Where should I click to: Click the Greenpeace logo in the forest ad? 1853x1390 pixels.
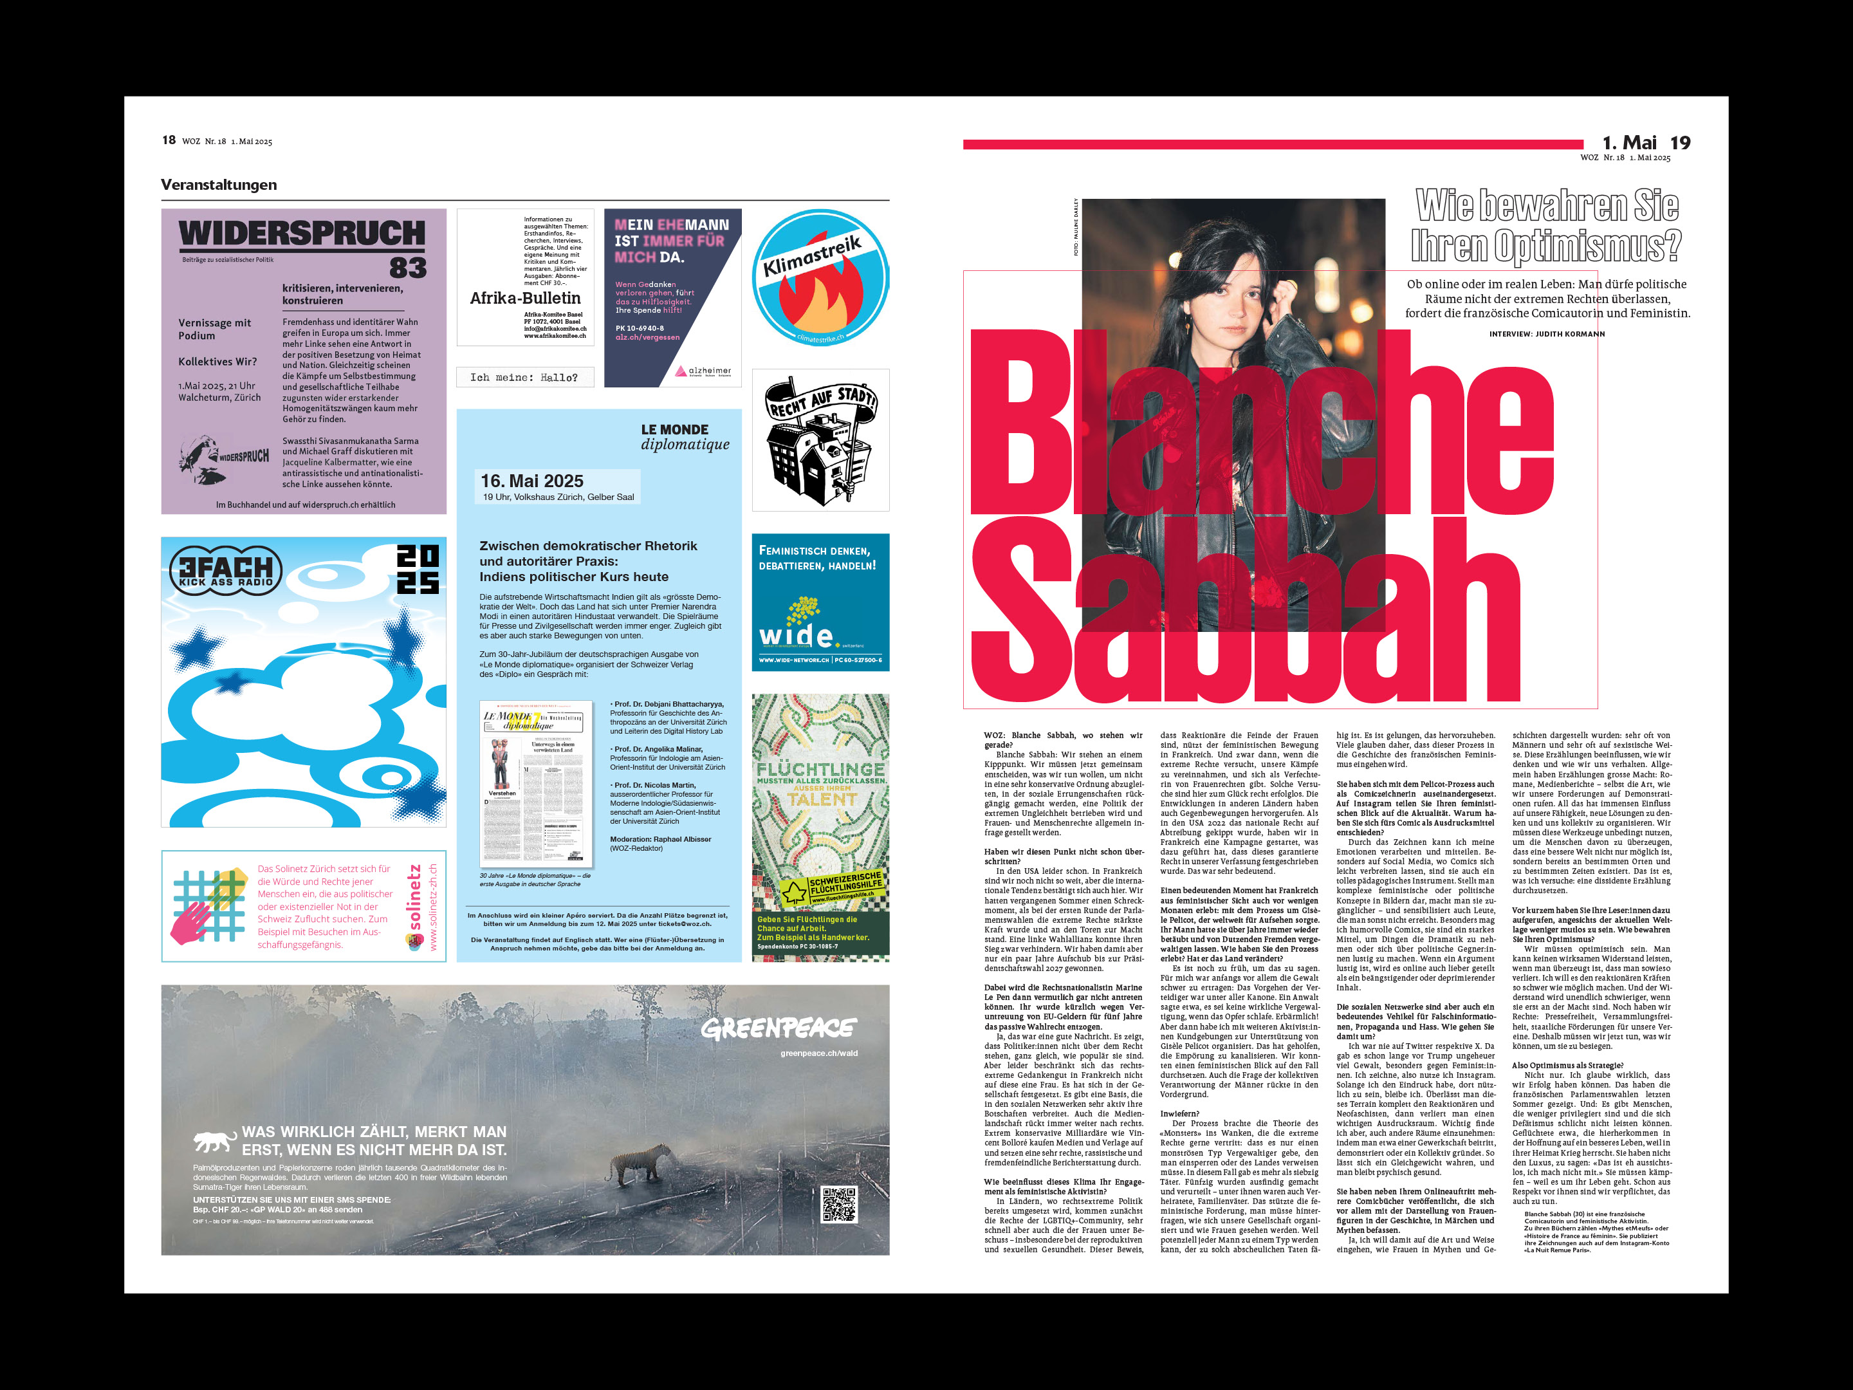(x=779, y=1028)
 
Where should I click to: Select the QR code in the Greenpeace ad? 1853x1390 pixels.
(x=838, y=1204)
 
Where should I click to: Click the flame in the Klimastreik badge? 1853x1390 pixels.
(x=810, y=300)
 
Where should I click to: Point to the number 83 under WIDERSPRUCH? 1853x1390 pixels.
(x=408, y=268)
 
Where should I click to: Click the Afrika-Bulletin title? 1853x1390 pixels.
(x=525, y=299)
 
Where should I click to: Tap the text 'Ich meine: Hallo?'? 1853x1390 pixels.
(x=524, y=378)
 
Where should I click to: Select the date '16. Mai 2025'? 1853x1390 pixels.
(x=532, y=481)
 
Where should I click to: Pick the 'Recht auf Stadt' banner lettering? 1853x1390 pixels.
(x=822, y=400)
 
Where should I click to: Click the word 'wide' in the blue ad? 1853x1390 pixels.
(x=795, y=635)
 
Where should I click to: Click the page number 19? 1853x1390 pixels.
(x=1679, y=144)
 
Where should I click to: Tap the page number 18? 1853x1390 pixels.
(x=169, y=140)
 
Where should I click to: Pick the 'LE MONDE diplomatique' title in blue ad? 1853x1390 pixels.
(x=685, y=436)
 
